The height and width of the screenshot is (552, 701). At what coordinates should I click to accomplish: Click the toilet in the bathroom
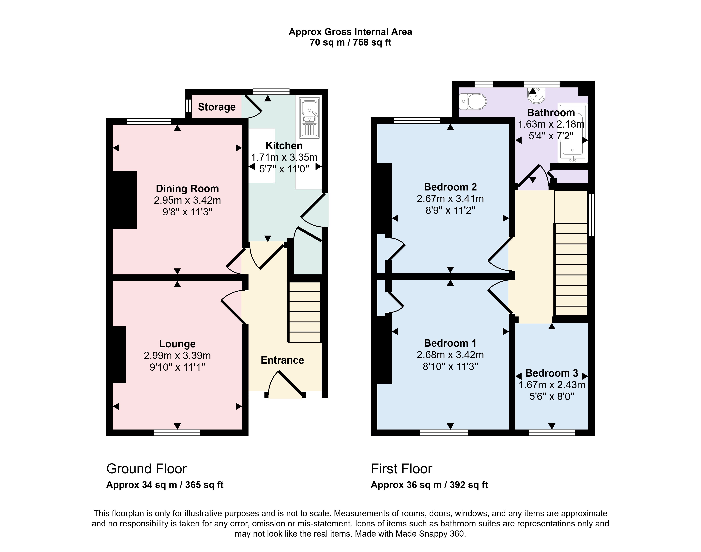(x=472, y=101)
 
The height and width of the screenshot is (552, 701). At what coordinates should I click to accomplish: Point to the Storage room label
(x=217, y=107)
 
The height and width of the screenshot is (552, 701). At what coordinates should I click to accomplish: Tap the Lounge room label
(x=177, y=344)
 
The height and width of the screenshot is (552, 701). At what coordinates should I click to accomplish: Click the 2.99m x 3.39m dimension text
(x=177, y=356)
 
